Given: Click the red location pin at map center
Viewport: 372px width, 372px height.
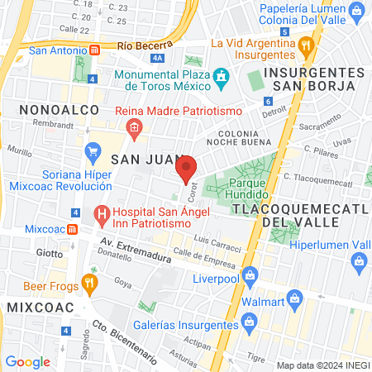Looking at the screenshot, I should [187, 168].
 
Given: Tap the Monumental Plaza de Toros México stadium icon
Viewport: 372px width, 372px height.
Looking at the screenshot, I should [221, 79].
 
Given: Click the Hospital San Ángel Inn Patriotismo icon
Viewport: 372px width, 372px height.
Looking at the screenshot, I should [103, 217].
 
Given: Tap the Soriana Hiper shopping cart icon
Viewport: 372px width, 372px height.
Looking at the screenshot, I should [93, 154].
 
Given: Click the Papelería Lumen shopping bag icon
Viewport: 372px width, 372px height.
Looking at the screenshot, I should [357, 12].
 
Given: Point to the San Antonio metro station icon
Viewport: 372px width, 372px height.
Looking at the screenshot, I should [95, 50].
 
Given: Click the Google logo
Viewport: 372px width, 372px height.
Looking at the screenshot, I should [27, 361].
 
